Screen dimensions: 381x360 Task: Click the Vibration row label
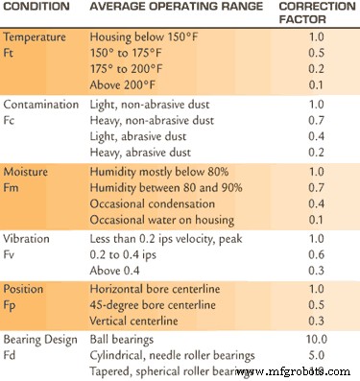point(29,237)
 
